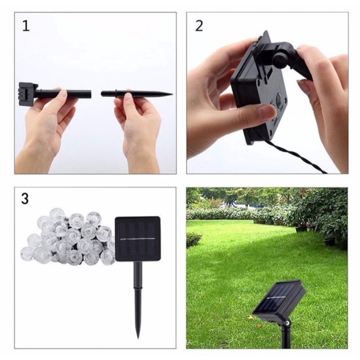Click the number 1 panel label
point(26,26)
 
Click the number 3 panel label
point(26,199)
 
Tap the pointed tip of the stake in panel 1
point(171,94)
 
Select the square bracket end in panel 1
point(26,93)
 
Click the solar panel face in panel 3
point(138,238)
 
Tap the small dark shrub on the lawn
point(193,239)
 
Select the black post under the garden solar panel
point(285,335)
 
